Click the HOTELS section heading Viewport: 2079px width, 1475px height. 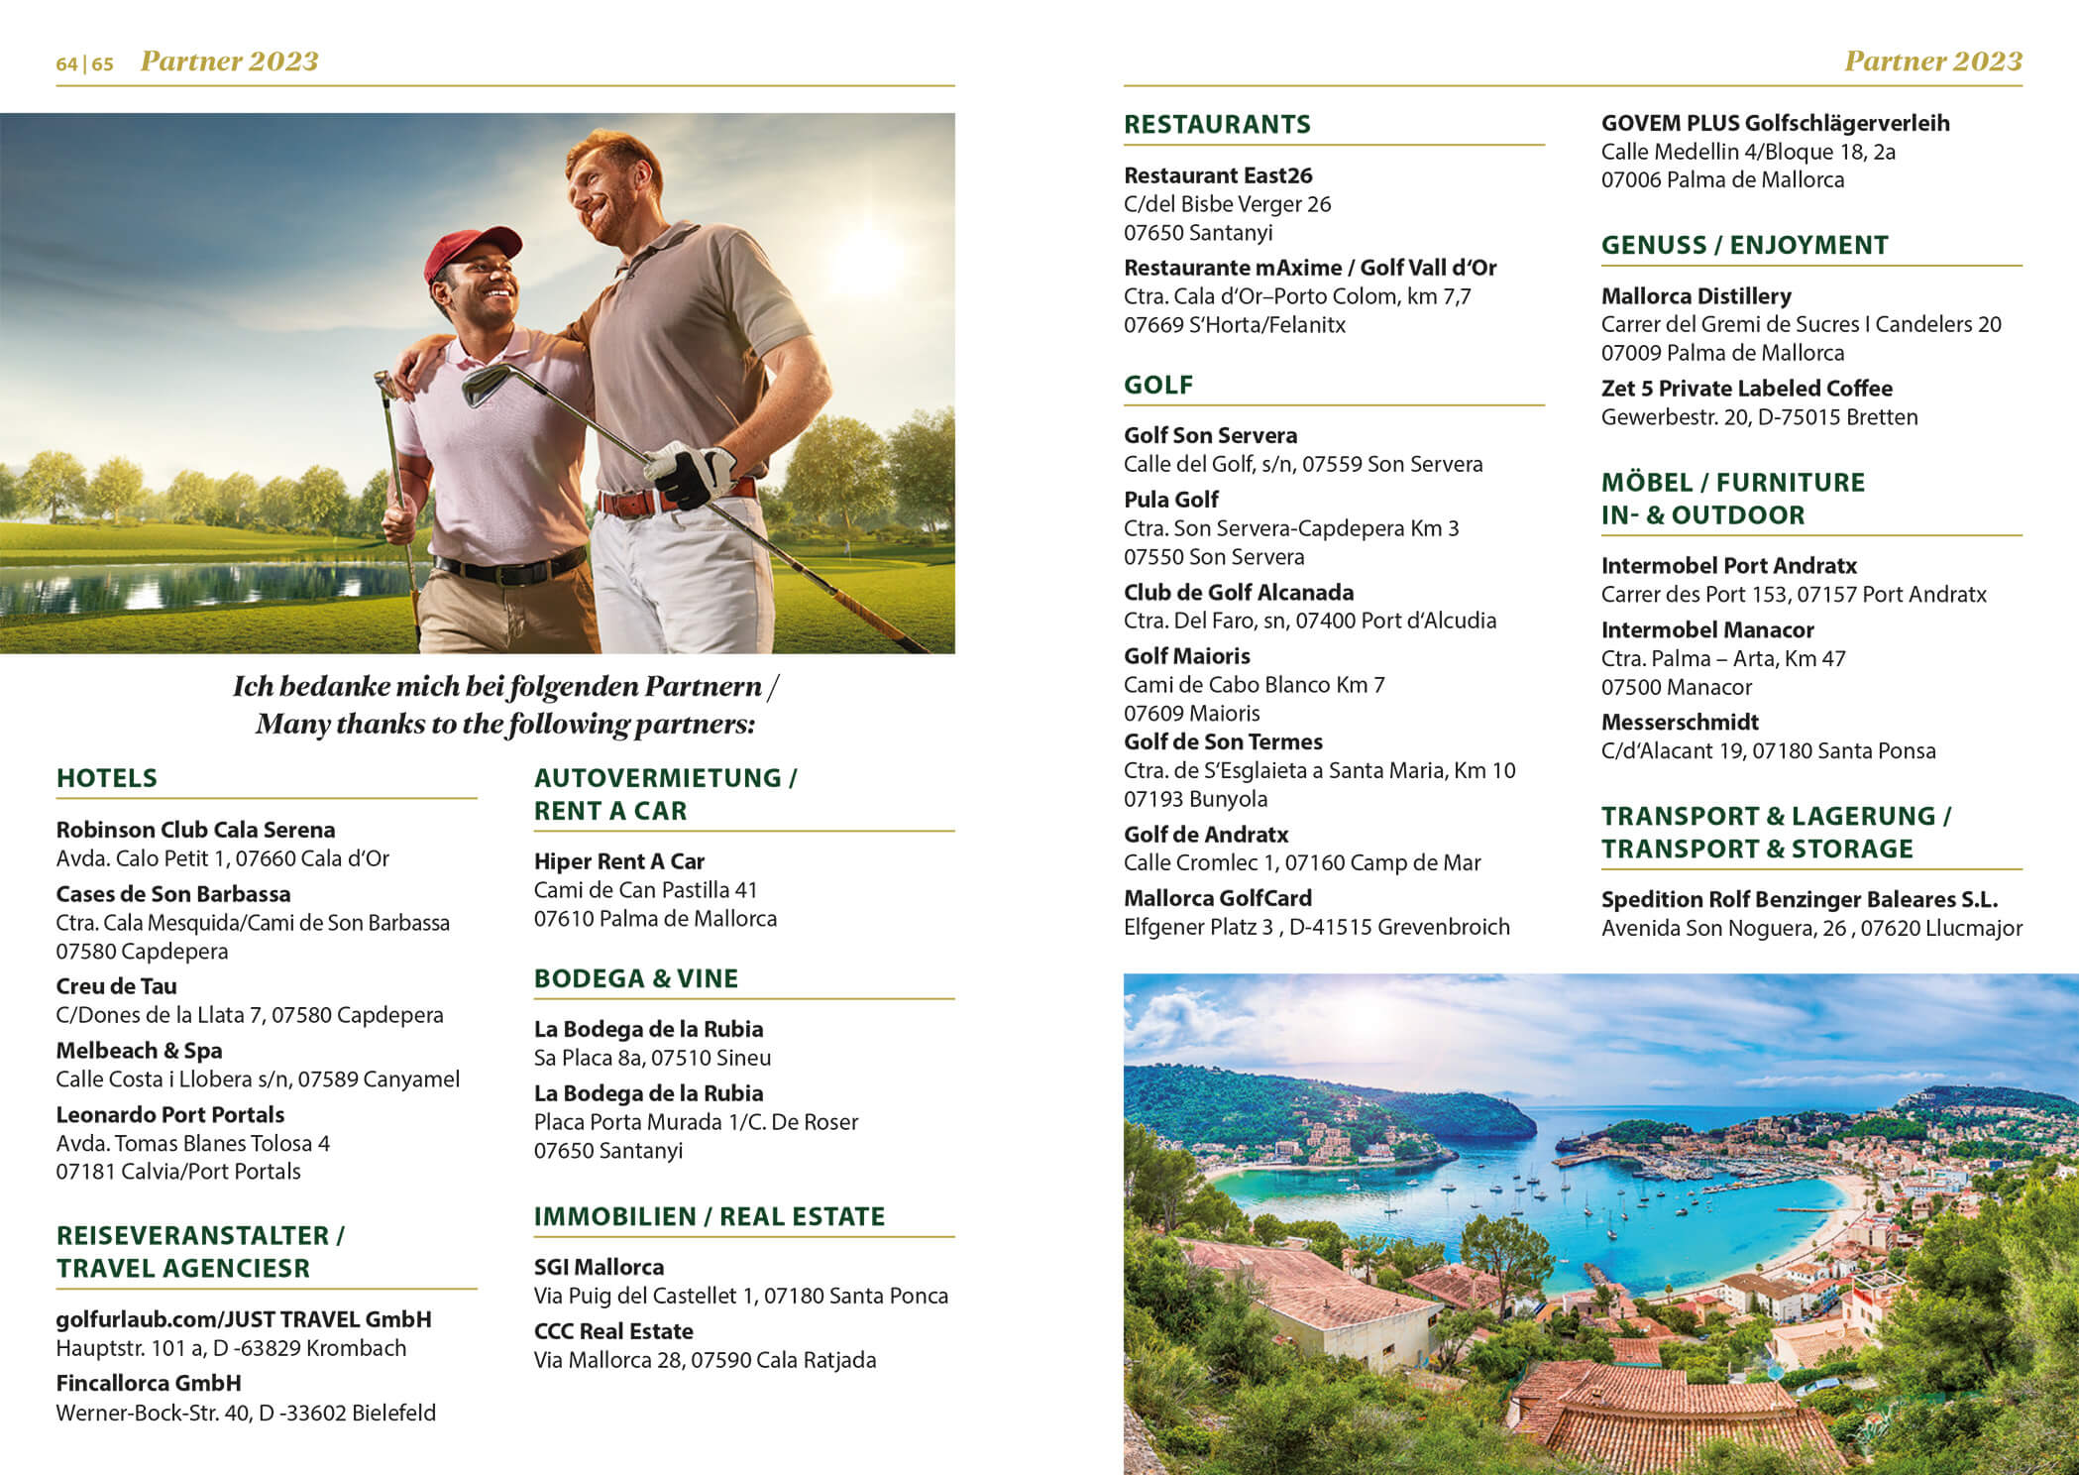(107, 778)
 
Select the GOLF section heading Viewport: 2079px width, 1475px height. (1158, 385)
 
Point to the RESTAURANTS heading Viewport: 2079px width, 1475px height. (1217, 124)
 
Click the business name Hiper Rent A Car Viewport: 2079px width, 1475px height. (619, 861)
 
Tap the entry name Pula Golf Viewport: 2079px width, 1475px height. (1171, 500)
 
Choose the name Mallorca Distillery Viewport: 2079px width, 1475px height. (1696, 295)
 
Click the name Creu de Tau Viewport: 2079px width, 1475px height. (116, 986)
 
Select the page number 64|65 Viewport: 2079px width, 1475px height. (84, 63)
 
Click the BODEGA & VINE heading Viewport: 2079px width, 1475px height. (636, 978)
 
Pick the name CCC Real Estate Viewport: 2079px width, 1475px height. (613, 1331)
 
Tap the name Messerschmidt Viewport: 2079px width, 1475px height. (1680, 722)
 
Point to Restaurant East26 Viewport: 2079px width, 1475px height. (1218, 175)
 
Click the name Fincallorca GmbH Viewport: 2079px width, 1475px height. (149, 1383)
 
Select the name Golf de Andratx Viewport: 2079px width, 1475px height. (1206, 835)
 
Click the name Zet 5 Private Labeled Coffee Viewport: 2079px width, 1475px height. (1746, 389)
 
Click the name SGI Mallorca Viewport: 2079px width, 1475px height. (599, 1267)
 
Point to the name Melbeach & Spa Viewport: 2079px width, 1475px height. (139, 1051)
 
